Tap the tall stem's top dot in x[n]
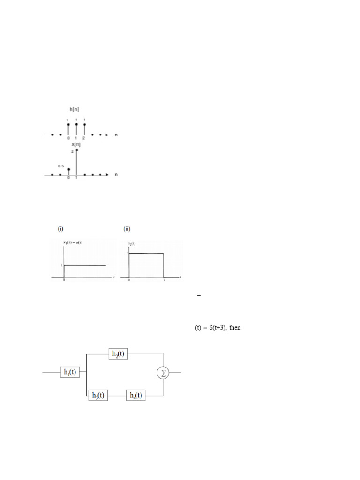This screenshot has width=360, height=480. [76, 150]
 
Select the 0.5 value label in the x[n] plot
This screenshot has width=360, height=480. [60, 166]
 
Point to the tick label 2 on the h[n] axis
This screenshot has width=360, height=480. [84, 139]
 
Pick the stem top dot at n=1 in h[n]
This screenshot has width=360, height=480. [76, 124]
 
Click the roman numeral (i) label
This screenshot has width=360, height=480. [60, 229]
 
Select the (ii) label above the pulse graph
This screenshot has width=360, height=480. [127, 229]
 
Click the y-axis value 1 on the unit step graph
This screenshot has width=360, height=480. [61, 265]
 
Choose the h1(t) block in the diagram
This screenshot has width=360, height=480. [70, 372]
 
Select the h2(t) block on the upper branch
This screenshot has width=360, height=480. [118, 353]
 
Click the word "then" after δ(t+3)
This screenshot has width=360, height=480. [235, 328]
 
